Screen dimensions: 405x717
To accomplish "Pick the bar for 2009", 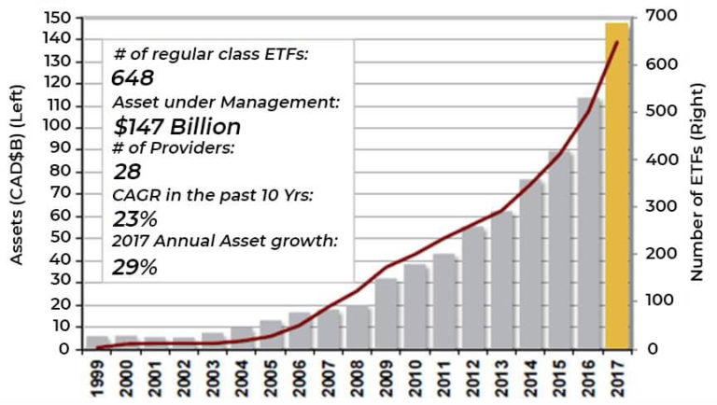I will click(x=387, y=314).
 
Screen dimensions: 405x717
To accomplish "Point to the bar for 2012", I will click(x=473, y=288).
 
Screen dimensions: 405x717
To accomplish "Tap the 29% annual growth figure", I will click(x=134, y=267).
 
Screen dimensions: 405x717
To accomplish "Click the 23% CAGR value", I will click(x=134, y=219).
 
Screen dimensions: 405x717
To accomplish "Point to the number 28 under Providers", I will click(x=126, y=173).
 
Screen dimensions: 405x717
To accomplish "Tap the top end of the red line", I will click(x=617, y=42).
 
